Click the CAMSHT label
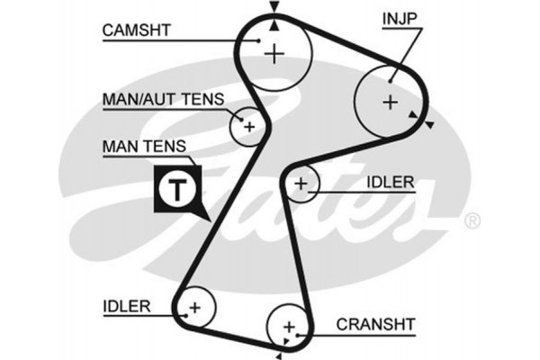tap(136, 30)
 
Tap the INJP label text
tap(400, 18)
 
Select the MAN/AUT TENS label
tap(162, 98)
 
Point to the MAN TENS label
tap(144, 146)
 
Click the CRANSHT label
tap(375, 323)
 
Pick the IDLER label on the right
tap(390, 182)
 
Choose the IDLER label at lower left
tap(126, 305)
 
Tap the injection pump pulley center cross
tap(390, 102)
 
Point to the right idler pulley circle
tap(301, 185)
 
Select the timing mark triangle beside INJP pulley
tap(428, 123)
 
